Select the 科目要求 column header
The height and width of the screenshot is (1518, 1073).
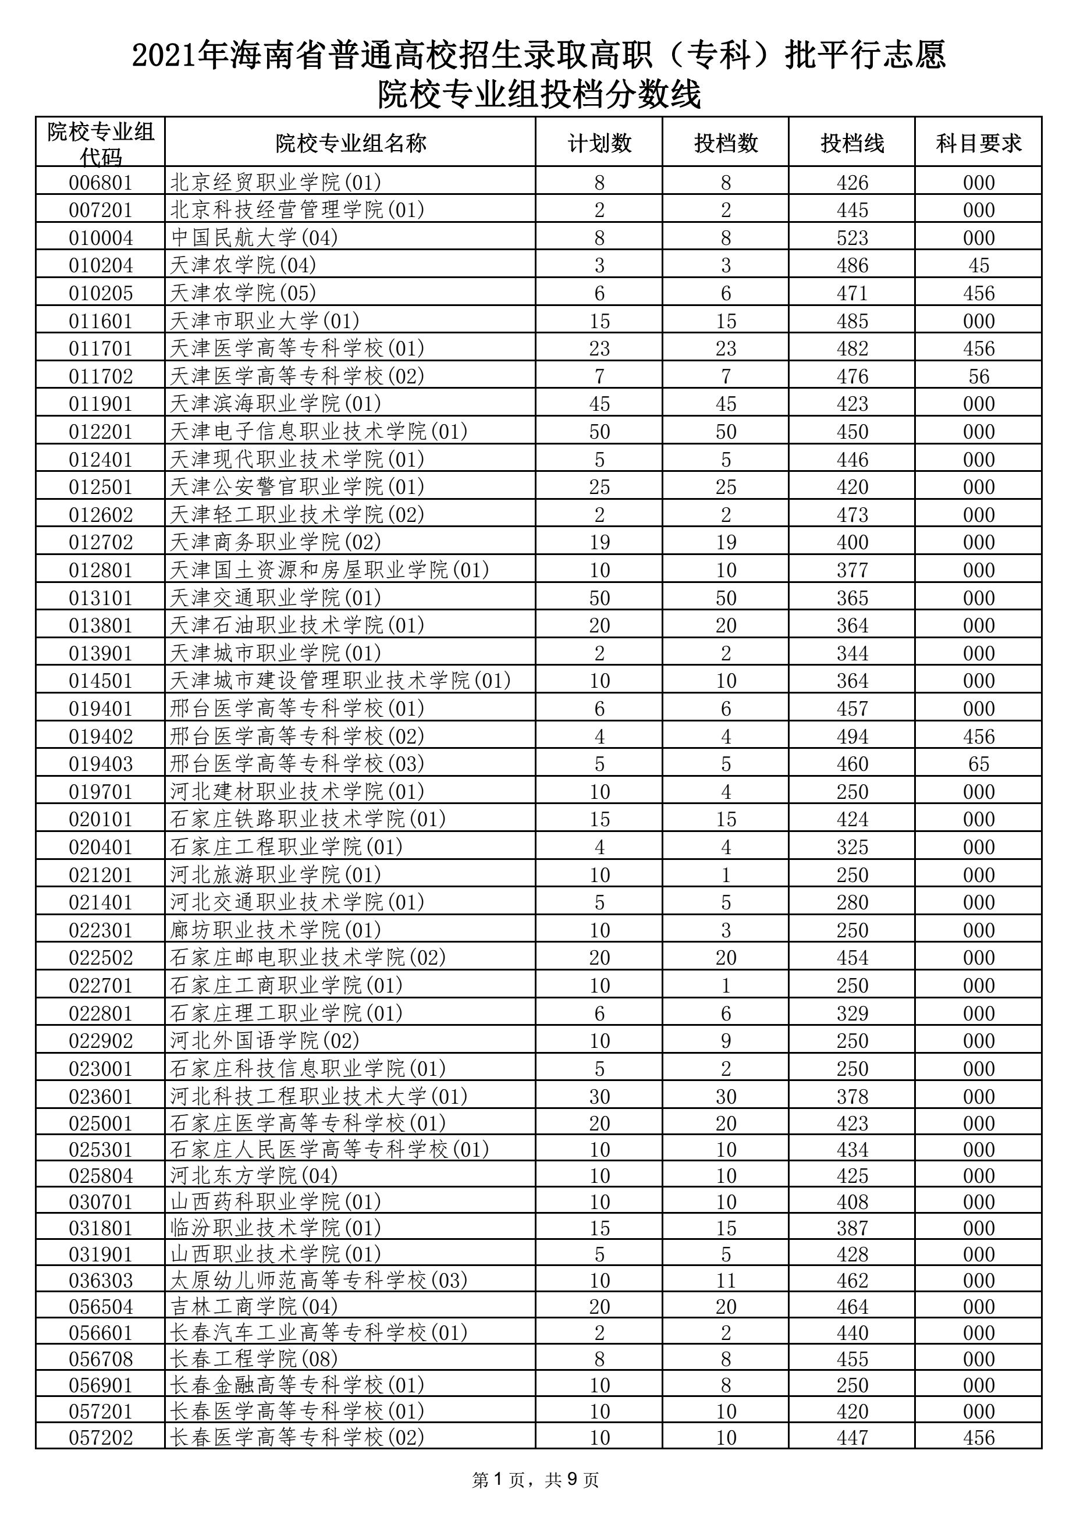click(979, 143)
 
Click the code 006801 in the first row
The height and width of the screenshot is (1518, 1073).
click(101, 183)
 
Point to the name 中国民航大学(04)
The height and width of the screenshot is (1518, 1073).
click(254, 237)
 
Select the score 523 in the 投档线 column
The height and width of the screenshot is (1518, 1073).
click(852, 238)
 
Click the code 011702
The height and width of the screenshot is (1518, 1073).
click(101, 376)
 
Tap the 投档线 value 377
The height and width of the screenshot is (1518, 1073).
click(852, 570)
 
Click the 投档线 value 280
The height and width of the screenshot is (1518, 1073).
click(852, 902)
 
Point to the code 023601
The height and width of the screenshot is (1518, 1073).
click(101, 1096)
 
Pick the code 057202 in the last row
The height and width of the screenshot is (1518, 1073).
click(101, 1437)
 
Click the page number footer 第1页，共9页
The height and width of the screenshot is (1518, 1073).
click(536, 1480)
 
